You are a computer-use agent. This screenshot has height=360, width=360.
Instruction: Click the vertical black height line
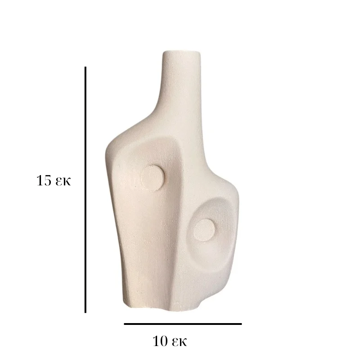85,189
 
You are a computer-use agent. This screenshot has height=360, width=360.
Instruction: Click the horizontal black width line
183,324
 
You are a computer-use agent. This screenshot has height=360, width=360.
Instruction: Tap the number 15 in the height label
44,180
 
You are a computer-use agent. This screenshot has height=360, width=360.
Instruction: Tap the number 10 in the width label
160,341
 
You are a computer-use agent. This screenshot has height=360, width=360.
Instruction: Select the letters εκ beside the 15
63,182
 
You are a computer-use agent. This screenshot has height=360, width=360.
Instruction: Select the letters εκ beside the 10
179,342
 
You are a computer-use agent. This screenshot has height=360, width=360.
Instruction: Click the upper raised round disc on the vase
153,177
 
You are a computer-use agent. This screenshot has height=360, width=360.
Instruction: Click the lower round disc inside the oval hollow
204,230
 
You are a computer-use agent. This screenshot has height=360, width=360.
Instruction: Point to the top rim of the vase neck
181,52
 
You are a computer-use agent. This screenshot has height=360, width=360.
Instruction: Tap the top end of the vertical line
85,67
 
